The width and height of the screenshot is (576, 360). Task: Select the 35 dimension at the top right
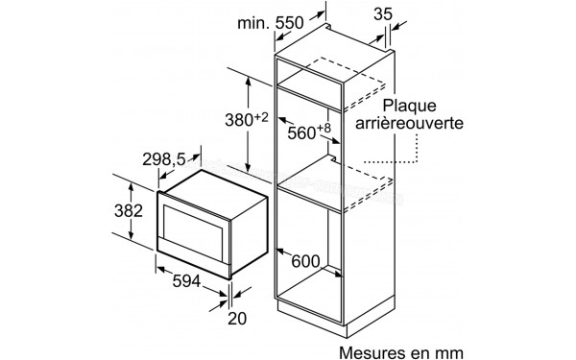click(383, 14)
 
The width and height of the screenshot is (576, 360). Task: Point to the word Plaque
click(411, 105)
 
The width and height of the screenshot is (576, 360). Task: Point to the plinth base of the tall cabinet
click(336, 315)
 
